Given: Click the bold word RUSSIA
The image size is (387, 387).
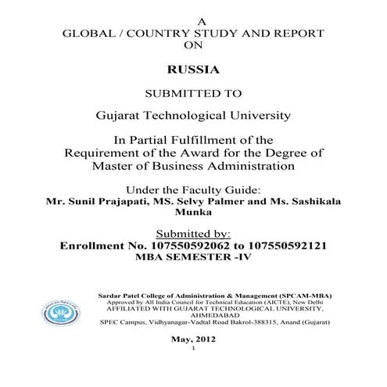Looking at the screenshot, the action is pyautogui.click(x=193, y=69).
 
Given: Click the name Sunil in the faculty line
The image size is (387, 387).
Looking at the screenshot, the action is pyautogui.click(x=84, y=201).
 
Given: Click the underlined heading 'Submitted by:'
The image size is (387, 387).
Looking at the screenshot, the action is pyautogui.click(x=193, y=232).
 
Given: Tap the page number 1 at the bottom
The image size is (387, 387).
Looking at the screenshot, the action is pyautogui.click(x=193, y=351).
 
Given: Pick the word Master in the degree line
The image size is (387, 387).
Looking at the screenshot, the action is pyautogui.click(x=115, y=166).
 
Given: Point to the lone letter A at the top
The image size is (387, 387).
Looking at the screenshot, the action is pyautogui.click(x=193, y=20).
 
